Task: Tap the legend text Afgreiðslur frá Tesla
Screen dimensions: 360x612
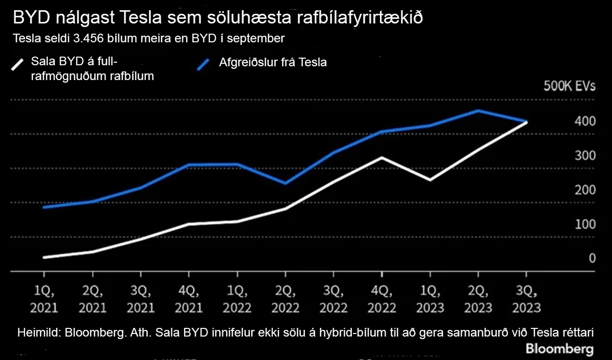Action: click(x=273, y=63)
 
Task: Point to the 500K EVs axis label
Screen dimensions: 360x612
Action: click(x=570, y=86)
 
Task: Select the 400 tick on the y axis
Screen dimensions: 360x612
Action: click(x=585, y=121)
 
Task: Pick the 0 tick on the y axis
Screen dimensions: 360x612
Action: click(x=592, y=259)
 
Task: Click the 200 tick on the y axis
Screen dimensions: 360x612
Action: click(x=585, y=190)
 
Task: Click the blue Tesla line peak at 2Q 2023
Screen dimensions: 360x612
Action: click(x=478, y=110)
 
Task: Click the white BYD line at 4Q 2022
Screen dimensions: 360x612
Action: click(x=382, y=157)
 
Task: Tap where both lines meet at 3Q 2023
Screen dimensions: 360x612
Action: click(x=526, y=122)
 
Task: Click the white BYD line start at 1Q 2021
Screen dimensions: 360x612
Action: click(x=45, y=258)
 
